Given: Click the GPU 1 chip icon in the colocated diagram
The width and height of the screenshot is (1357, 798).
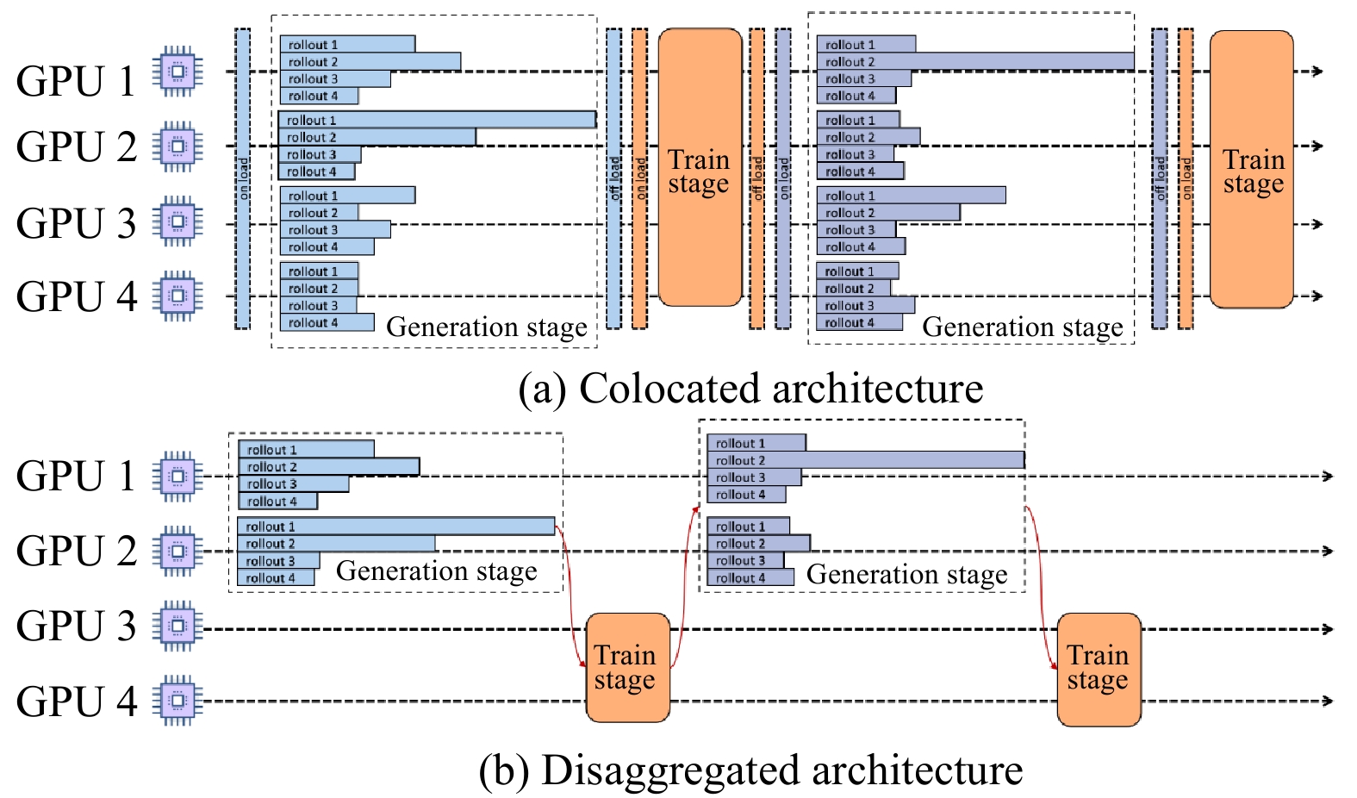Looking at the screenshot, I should (177, 72).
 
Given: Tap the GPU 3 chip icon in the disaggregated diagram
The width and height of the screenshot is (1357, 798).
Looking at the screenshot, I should (177, 627).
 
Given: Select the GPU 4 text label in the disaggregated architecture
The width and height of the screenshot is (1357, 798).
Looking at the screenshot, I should (76, 701).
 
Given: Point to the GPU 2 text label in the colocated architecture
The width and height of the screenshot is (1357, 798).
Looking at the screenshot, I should (76, 147).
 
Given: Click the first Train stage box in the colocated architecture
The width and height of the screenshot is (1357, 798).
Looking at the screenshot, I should (700, 168).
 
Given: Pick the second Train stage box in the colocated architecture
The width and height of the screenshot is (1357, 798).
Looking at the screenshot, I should (1251, 170).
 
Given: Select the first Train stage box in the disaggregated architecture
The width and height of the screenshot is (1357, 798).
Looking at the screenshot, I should (627, 668).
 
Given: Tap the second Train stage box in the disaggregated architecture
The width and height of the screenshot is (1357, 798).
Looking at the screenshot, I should (1099, 669).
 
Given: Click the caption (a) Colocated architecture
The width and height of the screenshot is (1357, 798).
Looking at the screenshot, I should (750, 388).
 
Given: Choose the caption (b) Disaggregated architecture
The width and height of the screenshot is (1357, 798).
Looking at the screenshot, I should (750, 770).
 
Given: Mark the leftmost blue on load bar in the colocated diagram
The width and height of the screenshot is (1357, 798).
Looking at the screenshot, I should (243, 178).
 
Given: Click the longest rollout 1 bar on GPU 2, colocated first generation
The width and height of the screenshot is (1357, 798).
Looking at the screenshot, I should (437, 120).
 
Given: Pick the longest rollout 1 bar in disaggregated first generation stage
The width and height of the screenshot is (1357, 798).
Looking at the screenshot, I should (396, 526).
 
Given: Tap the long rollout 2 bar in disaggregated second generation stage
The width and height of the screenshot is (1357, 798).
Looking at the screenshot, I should (866, 460).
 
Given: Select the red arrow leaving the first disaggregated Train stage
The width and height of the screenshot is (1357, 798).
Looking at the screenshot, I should (685, 586).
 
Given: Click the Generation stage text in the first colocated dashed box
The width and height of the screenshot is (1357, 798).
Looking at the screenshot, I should (486, 327).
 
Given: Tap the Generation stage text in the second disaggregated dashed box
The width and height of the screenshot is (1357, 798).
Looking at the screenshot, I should (906, 575).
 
